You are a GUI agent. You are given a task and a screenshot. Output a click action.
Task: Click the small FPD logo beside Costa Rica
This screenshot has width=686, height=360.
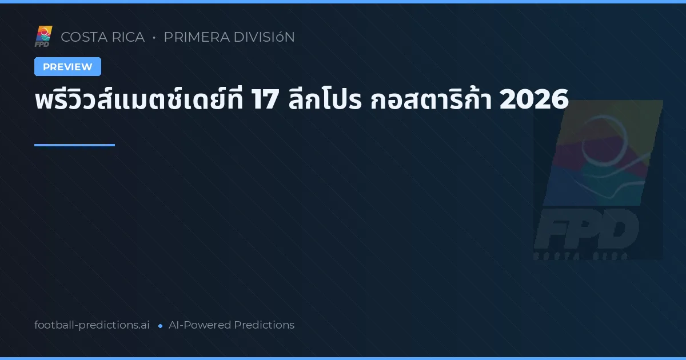pyautogui.click(x=43, y=37)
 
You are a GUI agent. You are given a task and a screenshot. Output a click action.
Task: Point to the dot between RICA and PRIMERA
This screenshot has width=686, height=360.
pyautogui.click(x=154, y=38)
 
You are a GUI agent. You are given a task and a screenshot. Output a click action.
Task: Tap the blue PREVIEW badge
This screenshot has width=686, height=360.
pyautogui.click(x=67, y=67)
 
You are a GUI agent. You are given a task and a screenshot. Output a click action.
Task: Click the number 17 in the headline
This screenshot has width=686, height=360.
pyautogui.click(x=264, y=101)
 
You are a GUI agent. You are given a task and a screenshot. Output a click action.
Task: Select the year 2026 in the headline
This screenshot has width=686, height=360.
pyautogui.click(x=533, y=101)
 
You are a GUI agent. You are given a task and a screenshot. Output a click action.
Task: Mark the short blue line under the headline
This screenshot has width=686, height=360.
pyautogui.click(x=74, y=145)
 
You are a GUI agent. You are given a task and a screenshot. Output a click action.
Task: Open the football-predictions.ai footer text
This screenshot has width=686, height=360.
pyautogui.click(x=92, y=325)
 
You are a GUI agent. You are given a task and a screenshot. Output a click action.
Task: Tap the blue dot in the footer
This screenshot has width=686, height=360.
pyautogui.click(x=160, y=326)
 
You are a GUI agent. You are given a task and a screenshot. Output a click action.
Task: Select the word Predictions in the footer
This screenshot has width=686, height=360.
pyautogui.click(x=264, y=325)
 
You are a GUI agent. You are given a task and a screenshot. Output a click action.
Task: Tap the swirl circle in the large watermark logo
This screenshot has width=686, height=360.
pyautogui.click(x=606, y=146)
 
